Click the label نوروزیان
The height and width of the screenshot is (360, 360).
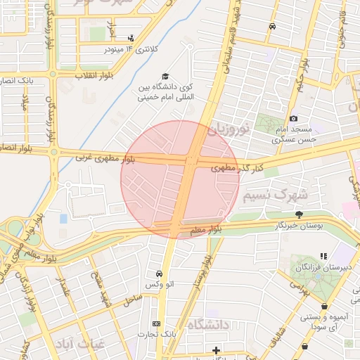(x=229, y=129)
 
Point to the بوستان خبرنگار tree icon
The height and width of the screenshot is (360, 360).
(x=300, y=214)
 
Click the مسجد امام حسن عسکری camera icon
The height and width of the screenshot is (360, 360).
(x=293, y=119)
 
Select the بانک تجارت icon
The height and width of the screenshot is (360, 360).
(x=156, y=324)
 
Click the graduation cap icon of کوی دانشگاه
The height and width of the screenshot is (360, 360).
(x=165, y=75)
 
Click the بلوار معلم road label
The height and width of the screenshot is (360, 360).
(x=205, y=229)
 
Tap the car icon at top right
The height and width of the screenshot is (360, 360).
(x=272, y=26)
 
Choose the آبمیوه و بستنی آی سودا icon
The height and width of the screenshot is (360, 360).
(x=324, y=307)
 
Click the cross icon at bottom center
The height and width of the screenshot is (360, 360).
(x=216, y=349)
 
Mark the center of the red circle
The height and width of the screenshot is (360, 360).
(x=180, y=179)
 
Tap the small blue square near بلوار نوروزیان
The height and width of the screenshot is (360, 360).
(x=64, y=219)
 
